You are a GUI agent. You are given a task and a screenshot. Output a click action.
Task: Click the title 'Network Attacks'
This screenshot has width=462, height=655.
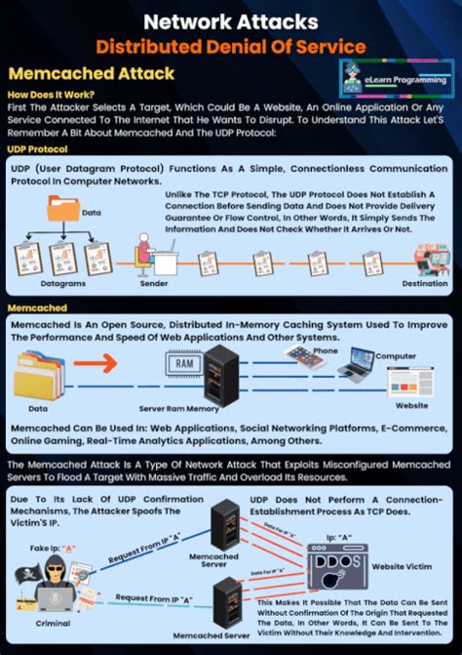tap(230, 20)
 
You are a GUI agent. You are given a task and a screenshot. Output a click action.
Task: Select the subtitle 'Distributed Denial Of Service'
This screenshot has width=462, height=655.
tap(230, 45)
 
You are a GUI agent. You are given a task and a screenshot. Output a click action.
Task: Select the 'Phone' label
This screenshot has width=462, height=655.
tap(326, 350)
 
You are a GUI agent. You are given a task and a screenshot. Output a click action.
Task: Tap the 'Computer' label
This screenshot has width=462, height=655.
tap(396, 356)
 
